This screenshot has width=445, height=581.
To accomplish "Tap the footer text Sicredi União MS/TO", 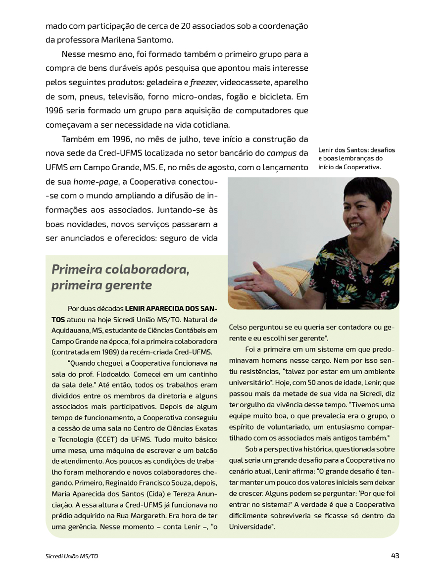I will click(x=72, y=556).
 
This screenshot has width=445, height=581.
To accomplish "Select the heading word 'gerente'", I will click(x=128, y=286).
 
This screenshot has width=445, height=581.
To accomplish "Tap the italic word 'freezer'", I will click(x=203, y=81).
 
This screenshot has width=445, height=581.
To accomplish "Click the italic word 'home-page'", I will click(x=96, y=182).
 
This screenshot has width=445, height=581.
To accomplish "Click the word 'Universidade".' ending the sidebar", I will click(x=252, y=527).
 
